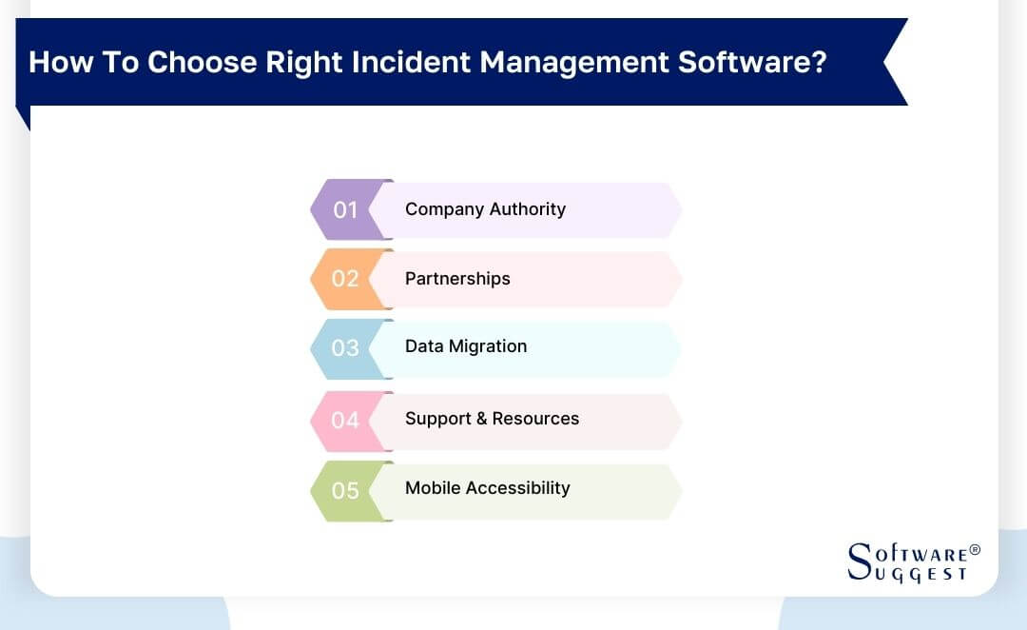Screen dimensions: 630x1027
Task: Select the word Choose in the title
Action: tap(202, 63)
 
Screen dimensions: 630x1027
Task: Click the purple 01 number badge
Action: tap(345, 209)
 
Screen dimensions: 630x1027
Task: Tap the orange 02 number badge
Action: tap(345, 279)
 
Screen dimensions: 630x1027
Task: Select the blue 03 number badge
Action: tap(345, 348)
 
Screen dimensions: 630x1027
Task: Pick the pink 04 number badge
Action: tap(345, 420)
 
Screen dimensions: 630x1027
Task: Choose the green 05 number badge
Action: tap(345, 490)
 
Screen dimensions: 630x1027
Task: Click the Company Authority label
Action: tap(485, 209)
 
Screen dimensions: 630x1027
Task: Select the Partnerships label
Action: tap(457, 279)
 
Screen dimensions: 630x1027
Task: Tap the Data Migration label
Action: tap(466, 346)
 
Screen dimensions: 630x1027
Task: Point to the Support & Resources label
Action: tap(492, 419)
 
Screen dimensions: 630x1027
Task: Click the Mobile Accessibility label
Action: tap(488, 488)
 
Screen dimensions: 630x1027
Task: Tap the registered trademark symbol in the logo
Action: tap(974, 550)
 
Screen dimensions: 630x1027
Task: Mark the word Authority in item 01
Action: tap(529, 209)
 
